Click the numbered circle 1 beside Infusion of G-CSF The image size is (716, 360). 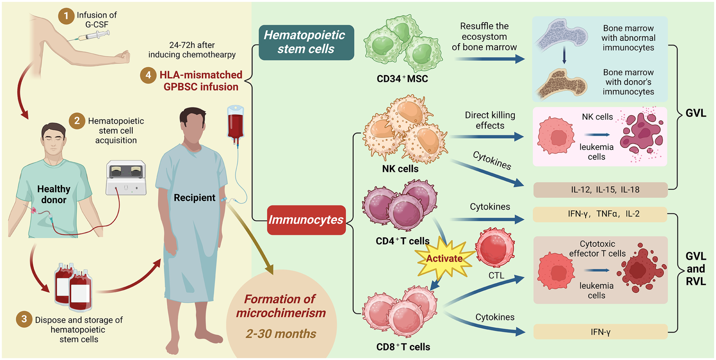66,16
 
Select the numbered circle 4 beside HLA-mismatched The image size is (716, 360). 148,75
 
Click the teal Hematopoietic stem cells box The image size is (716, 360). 306,43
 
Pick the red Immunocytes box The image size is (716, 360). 306,220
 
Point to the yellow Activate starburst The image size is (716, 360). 444,258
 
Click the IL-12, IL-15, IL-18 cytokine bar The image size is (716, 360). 600,190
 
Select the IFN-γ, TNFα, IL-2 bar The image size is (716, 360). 600,214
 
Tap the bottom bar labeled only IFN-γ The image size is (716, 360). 600,332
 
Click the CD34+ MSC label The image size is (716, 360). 402,79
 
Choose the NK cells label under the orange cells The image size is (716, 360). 400,169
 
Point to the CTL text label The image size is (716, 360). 496,276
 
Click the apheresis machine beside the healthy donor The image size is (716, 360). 126,178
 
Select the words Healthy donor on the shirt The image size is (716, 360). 54,194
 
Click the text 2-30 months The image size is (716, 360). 281,334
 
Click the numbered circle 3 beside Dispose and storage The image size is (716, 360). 24,319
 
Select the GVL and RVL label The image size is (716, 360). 696,269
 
